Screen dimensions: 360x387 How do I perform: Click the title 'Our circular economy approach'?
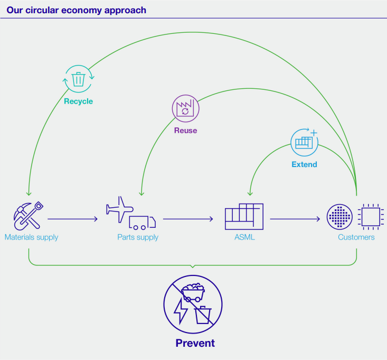(x=77, y=11)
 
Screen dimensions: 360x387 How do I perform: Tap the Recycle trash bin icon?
(x=78, y=79)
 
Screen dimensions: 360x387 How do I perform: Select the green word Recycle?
(x=78, y=101)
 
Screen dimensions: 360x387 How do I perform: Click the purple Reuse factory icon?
(x=185, y=109)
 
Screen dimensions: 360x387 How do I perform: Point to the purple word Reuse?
(x=185, y=130)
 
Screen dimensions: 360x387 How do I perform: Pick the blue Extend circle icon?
(x=305, y=142)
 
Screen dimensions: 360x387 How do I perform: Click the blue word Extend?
(x=304, y=164)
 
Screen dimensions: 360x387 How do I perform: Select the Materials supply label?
(x=31, y=237)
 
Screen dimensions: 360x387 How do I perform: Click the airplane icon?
(x=119, y=206)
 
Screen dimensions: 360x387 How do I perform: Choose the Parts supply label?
(x=138, y=237)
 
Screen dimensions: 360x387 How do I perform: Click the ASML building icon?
(x=244, y=216)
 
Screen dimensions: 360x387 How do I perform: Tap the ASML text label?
(x=244, y=237)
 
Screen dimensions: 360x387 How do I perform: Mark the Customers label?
(x=356, y=237)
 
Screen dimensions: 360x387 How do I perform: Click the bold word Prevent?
(x=195, y=343)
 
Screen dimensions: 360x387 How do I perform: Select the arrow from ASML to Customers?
(x=296, y=219)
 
